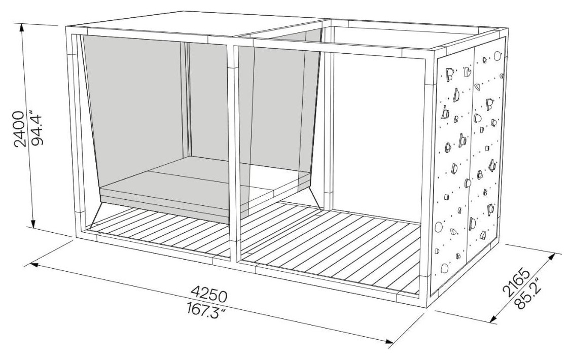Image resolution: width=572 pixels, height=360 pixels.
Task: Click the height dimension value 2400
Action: click(20, 129)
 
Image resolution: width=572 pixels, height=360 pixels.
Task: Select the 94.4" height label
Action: click(37, 130)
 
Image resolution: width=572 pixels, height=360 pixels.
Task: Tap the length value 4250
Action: click(209, 294)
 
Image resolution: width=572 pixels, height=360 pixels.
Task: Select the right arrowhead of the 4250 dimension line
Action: click(389, 341)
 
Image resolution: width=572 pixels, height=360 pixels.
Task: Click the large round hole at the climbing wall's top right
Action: click(497, 56)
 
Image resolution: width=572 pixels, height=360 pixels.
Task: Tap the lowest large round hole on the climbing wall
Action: click(444, 268)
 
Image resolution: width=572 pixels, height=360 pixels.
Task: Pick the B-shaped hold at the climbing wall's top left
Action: click(449, 75)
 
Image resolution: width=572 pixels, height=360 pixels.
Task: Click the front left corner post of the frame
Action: click(71, 131)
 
